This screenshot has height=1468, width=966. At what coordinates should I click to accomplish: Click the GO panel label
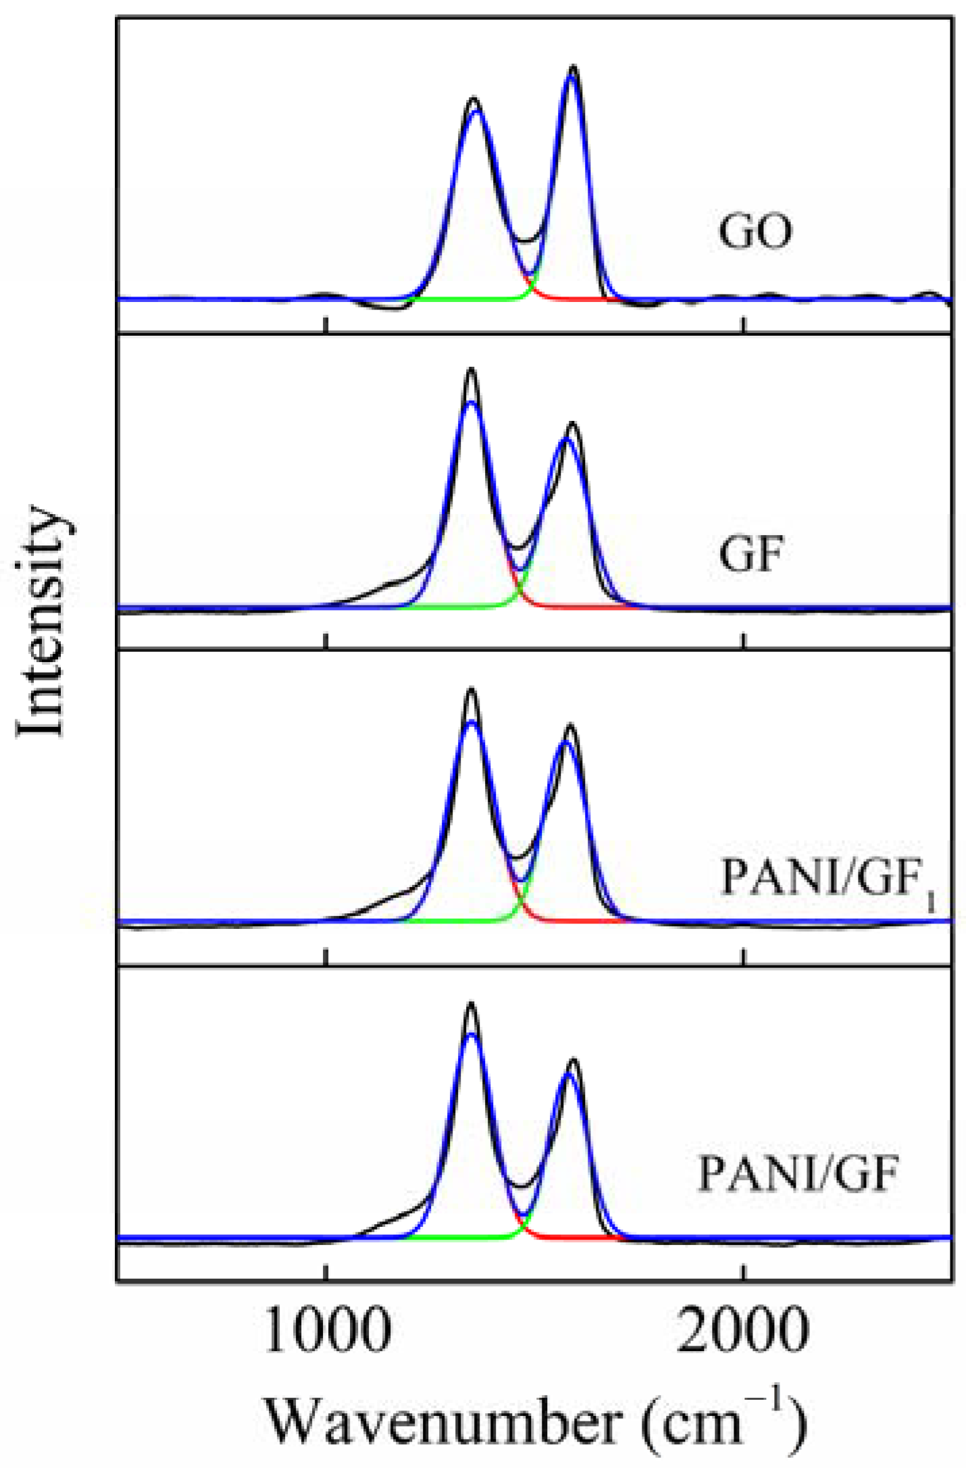click(x=755, y=232)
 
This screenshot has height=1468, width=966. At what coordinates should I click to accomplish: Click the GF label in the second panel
click(x=751, y=555)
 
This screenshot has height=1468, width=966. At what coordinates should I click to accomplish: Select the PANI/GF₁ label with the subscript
click(x=828, y=879)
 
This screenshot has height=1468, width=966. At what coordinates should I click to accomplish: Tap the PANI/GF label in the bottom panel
click(x=797, y=1173)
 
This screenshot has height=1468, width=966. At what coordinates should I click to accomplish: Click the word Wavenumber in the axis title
click(x=442, y=1423)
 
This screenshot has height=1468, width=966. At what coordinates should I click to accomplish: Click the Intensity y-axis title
click(x=42, y=622)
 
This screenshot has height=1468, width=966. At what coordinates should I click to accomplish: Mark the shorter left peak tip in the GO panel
click(x=474, y=99)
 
